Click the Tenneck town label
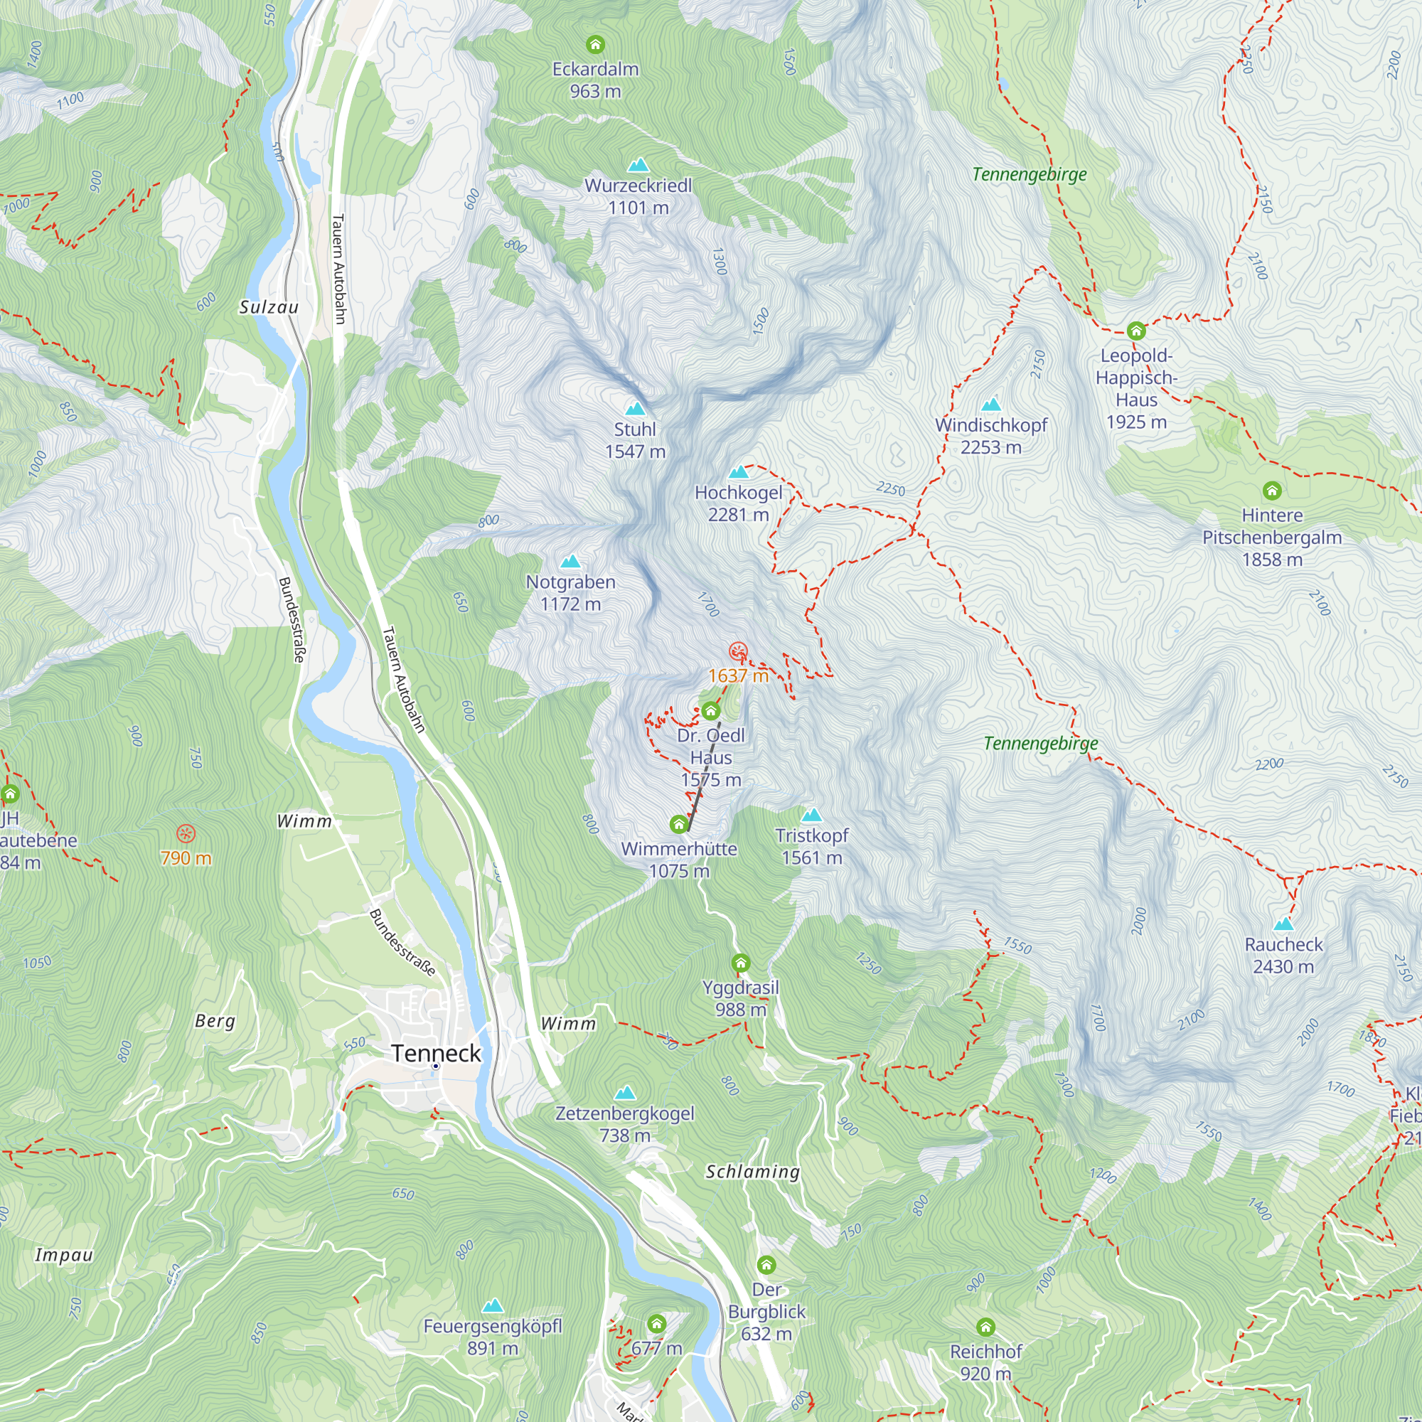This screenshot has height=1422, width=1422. coord(436,1053)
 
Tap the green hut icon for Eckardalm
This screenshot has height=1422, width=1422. coord(594,44)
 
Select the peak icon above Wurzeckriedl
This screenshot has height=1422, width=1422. coord(638,165)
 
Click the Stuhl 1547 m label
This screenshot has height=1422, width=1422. coord(635,440)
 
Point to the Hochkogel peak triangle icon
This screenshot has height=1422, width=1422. coord(738,473)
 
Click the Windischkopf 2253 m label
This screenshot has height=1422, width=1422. coord(990,436)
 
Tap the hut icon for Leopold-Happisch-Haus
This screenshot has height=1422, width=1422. coord(1135,330)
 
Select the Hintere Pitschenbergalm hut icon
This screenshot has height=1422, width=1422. coord(1272,490)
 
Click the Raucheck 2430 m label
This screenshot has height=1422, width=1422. coord(1283,956)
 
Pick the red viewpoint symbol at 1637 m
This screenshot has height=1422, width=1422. coord(738,651)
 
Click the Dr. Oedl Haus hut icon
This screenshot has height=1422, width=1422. coord(710,711)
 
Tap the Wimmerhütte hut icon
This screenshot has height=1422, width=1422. coord(678,823)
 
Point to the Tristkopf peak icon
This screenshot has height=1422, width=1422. coord(811,815)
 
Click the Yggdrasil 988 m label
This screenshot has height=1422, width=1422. coord(740,998)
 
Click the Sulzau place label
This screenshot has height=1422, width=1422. coord(269,307)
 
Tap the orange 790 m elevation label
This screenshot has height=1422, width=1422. coord(186,857)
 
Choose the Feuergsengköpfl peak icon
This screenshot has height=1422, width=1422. coord(493,1305)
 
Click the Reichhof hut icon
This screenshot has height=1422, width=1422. coord(985,1327)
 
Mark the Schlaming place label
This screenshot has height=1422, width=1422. coord(752,1171)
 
